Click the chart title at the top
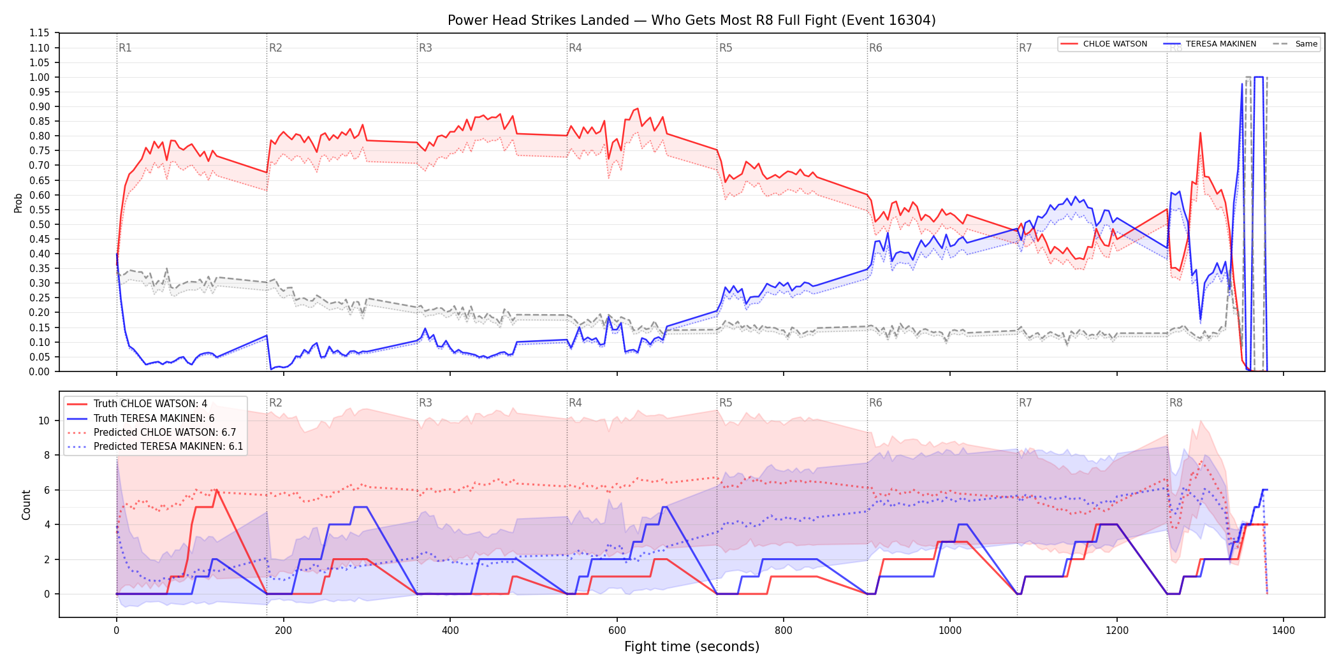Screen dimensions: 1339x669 [x=691, y=20]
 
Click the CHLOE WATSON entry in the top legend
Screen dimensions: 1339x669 [x=1115, y=44]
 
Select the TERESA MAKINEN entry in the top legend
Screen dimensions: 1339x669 [x=1220, y=44]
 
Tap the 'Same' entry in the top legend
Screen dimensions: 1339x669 [x=1306, y=44]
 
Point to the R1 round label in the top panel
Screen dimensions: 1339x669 [x=125, y=48]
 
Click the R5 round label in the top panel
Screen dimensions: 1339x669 [x=726, y=48]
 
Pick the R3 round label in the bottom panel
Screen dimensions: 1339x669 [x=425, y=403]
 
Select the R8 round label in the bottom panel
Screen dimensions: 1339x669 [x=1176, y=403]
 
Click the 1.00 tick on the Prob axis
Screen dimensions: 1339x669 [x=40, y=77]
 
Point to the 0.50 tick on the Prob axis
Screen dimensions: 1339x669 [x=40, y=224]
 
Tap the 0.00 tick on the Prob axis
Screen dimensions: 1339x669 [x=40, y=371]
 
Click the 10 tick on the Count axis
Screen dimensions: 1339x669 [x=44, y=421]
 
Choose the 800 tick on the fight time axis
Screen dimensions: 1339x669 [x=784, y=631]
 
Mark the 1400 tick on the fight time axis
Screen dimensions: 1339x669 [x=1284, y=631]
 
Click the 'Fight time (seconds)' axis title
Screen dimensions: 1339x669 [x=692, y=647]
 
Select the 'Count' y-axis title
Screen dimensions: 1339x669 [x=26, y=505]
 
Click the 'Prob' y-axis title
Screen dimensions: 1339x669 [x=18, y=203]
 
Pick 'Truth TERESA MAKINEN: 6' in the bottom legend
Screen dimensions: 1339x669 [x=154, y=418]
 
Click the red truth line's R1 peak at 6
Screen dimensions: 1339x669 [x=217, y=490]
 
